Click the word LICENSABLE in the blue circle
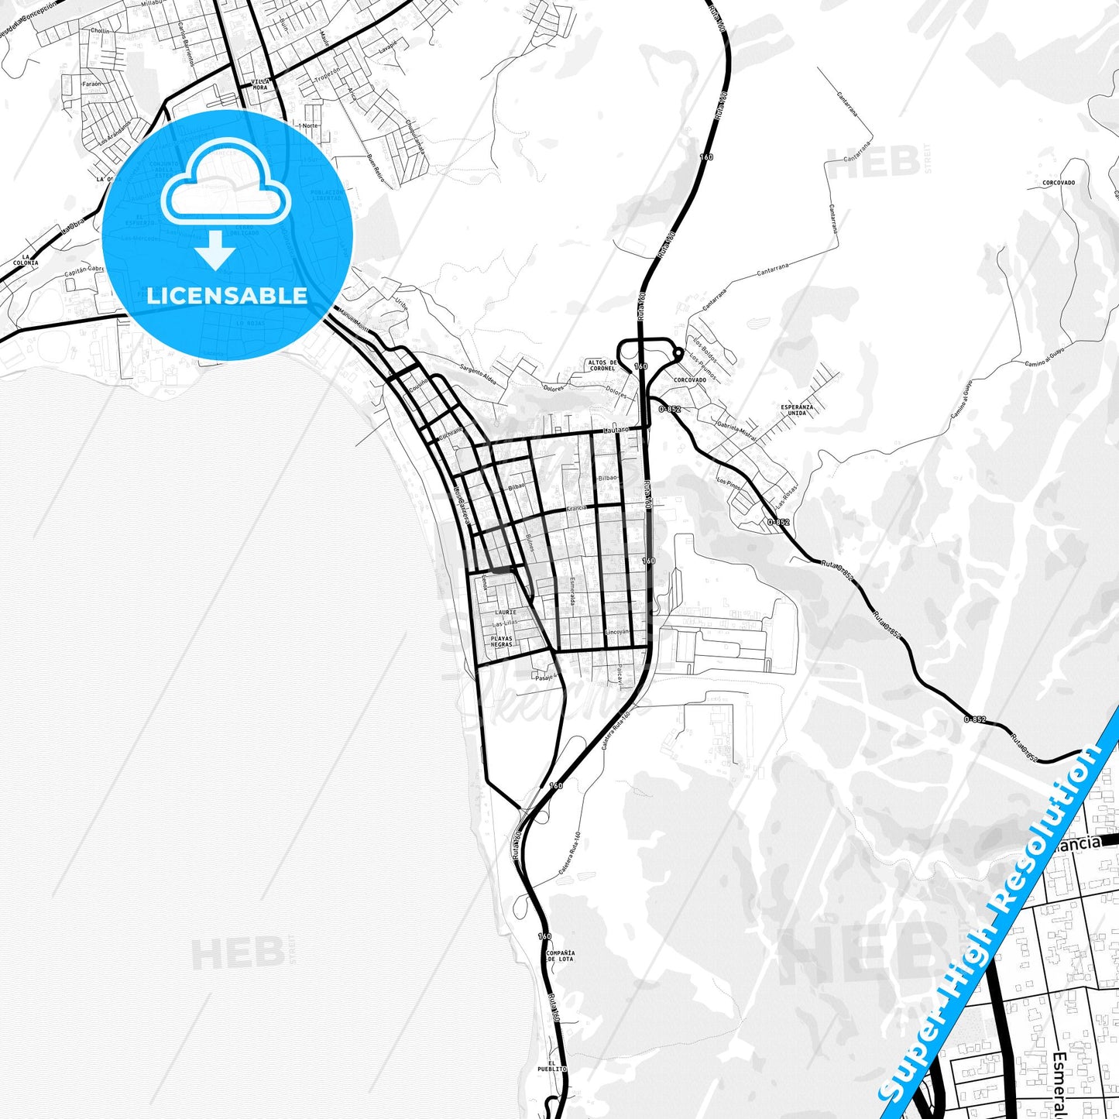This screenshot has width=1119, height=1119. coord(227,296)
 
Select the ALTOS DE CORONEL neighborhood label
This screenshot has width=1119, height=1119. coord(602,365)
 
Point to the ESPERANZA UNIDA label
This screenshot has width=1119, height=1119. coord(796,410)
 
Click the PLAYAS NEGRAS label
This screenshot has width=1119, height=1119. coord(501,641)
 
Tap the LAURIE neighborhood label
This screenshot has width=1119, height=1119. coord(505,613)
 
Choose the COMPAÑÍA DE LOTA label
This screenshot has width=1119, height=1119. coord(560,956)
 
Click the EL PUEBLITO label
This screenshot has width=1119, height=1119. coord(552,1065)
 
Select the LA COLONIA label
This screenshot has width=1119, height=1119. coord(29,259)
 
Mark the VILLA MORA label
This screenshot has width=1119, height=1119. coord(259,84)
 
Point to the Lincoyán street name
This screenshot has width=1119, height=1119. coord(617,632)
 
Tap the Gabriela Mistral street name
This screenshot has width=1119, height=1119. coord(736,431)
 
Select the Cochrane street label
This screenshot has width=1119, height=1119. coord(451,433)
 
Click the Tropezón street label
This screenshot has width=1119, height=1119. coord(328,75)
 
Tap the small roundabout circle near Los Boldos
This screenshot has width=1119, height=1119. coord(678,354)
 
